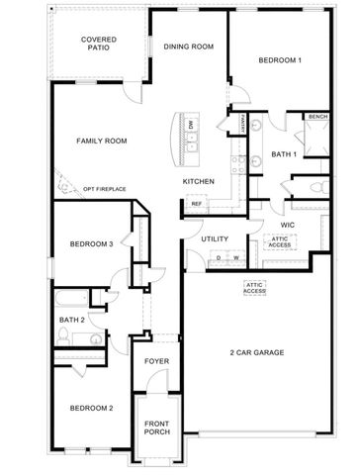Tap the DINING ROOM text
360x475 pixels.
pos(189,47)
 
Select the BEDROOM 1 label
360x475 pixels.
pos(280,61)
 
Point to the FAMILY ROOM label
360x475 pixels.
pos(103,142)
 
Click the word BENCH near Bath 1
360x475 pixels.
pos(317,117)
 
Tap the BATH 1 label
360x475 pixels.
pos(286,154)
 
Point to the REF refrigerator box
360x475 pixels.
pos(196,205)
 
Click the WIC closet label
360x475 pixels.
pos(289,225)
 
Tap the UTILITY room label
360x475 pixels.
pos(215,239)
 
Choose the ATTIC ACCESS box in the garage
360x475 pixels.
pos(255,287)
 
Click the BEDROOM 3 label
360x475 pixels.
pos(90,243)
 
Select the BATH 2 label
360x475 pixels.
pos(70,320)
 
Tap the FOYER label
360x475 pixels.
pos(157,362)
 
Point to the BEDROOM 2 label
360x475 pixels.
pos(90,409)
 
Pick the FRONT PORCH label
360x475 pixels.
pos(157,427)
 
